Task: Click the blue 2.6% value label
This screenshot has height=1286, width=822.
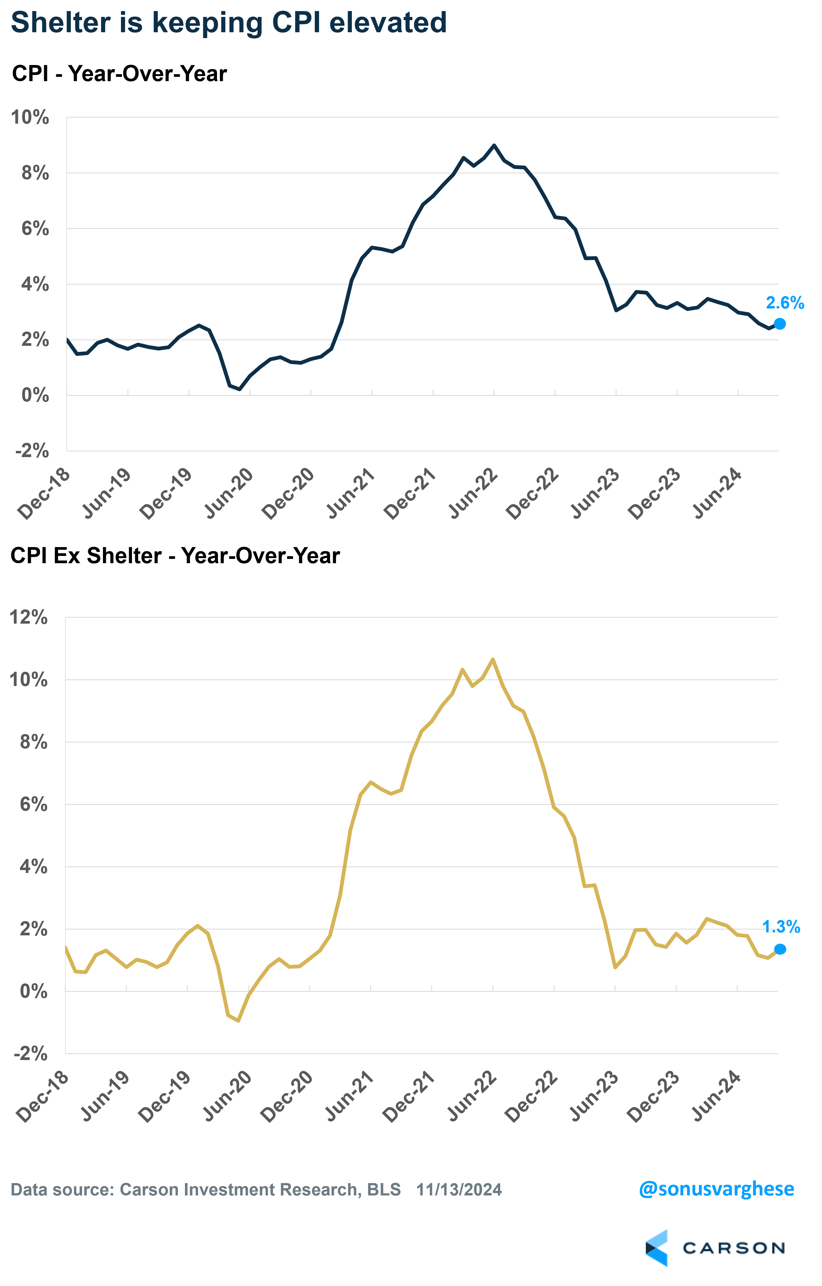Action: pyautogui.click(x=784, y=303)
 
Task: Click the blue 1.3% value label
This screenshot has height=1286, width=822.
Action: pyautogui.click(x=781, y=926)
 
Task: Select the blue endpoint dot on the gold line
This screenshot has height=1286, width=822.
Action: pyautogui.click(x=780, y=949)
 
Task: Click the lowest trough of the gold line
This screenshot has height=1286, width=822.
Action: pyautogui.click(x=238, y=1021)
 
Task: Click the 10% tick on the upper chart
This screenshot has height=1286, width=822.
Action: pyautogui.click(x=30, y=117)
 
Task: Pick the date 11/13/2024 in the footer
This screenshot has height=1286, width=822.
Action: pyautogui.click(x=459, y=1190)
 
